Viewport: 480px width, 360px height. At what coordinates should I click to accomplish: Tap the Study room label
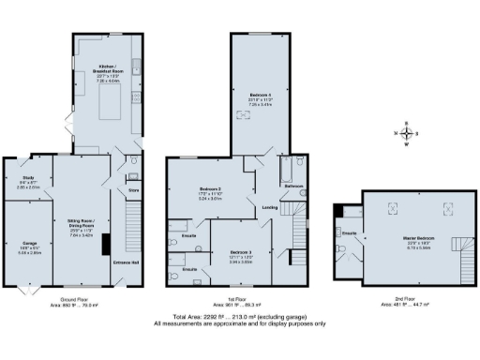click(x=28, y=183)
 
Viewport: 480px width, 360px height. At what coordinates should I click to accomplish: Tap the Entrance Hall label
click(x=127, y=262)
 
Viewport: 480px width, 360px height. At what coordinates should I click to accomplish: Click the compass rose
click(x=406, y=134)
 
